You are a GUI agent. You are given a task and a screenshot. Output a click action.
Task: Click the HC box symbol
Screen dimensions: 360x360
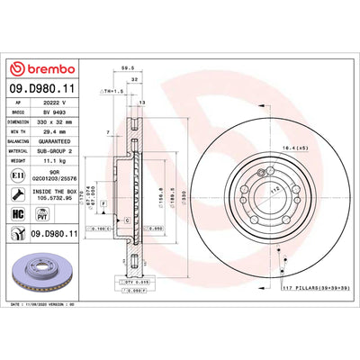pyautogui.click(x=17, y=214)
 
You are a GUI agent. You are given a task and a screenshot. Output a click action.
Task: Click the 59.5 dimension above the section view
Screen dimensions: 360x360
pyautogui.click(x=127, y=67)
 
